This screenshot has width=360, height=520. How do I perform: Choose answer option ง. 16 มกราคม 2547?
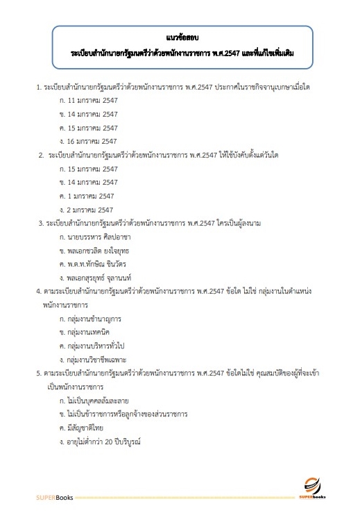click(x=89, y=141)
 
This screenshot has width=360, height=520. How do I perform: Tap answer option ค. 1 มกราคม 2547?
click(x=87, y=195)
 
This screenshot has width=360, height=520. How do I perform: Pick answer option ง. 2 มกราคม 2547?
click(x=87, y=208)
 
